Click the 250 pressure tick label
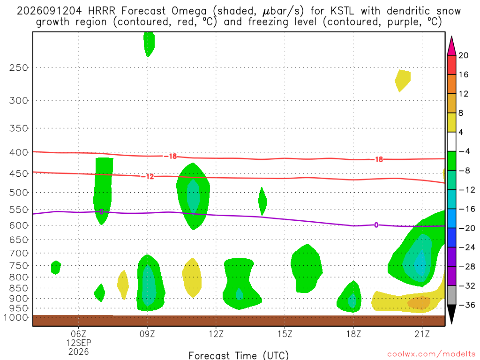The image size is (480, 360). pos(19,67)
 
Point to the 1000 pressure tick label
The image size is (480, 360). pos(16,317)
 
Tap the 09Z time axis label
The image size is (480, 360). pos(147,334)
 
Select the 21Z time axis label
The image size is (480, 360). pos(422,334)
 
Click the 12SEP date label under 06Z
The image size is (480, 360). pos(79,343)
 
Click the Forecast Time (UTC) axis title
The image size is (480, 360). pos(239,355)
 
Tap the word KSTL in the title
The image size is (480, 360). pos(342,11)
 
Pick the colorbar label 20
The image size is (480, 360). pos(464,55)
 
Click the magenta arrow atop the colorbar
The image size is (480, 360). pos(451,46)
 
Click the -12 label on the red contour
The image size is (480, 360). pos(148,177)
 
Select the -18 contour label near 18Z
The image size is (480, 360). pos(377,159)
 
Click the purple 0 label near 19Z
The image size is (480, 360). pos(376,225)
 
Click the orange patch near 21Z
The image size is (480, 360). pos(419,302)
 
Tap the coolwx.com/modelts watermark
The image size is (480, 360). pos(431,354)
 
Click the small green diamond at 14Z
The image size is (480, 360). pos(262,202)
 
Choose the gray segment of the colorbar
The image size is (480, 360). pos(451,295)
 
